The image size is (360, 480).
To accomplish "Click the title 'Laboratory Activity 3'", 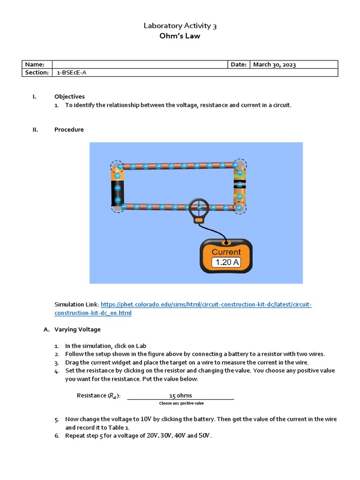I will pyautogui.click(x=180, y=26).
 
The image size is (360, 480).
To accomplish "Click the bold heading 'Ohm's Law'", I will pyautogui.click(x=180, y=36).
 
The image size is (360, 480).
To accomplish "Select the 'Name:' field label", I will pyautogui.click(x=35, y=65).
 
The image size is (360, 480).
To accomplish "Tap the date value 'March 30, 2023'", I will pyautogui.click(x=274, y=65).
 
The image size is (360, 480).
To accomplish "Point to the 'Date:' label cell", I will pyautogui.click(x=239, y=65).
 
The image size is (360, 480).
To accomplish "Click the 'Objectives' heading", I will pyautogui.click(x=69, y=97).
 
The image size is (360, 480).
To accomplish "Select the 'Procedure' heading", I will pyautogui.click(x=69, y=129).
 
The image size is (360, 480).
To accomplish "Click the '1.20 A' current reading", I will pyautogui.click(x=226, y=262).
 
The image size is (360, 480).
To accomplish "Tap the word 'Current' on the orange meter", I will pyautogui.click(x=226, y=252).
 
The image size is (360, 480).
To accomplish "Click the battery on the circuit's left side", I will pyautogui.click(x=117, y=187).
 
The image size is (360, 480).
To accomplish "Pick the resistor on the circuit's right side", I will pyautogui.click(x=240, y=186).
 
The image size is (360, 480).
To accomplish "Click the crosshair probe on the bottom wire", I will pyautogui.click(x=199, y=206).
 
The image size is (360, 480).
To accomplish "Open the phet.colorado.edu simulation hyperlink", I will pyautogui.click(x=206, y=305).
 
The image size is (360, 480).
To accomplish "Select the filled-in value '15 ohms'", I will pyautogui.click(x=180, y=395).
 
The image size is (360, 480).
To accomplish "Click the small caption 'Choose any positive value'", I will pyautogui.click(x=181, y=403).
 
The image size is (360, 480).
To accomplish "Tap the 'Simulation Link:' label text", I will pyautogui.click(x=76, y=305).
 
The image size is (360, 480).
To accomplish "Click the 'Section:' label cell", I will pyautogui.click(x=37, y=73).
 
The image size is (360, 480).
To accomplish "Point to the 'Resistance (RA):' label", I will pyautogui.click(x=98, y=396).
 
